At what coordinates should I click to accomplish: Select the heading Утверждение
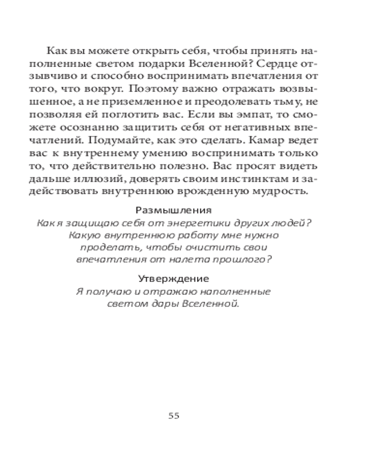coord(173,279)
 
